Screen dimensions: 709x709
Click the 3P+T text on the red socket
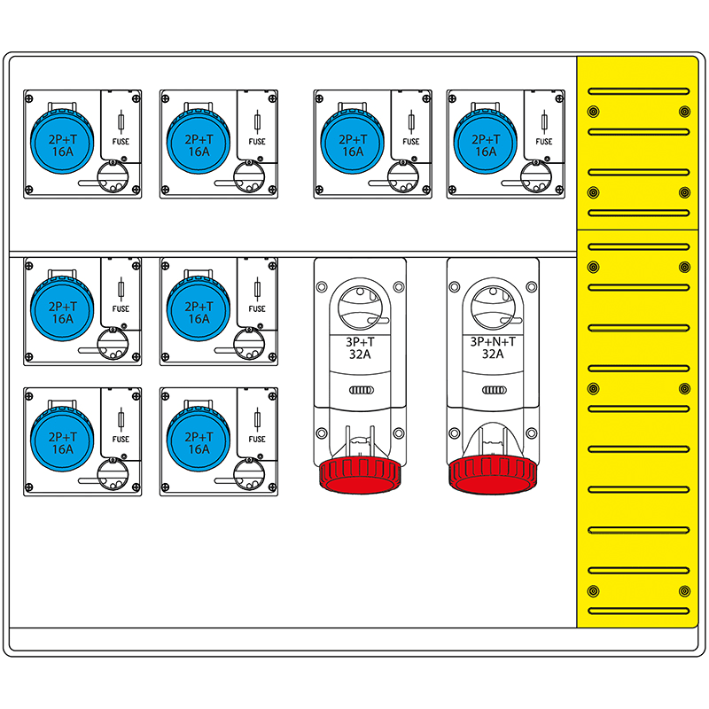[360, 342]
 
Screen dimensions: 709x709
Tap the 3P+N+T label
[493, 342]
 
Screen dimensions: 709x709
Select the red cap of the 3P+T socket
[360, 474]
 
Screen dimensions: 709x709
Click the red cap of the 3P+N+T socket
[493, 474]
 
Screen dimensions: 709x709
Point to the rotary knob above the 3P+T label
[360, 308]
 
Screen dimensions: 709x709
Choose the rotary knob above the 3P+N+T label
[493, 308]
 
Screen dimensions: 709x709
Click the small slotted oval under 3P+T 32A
[362, 390]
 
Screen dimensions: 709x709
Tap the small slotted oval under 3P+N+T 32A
[495, 390]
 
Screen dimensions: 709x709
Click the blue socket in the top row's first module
[62, 140]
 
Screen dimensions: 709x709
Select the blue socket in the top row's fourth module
[485, 140]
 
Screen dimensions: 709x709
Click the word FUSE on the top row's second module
[257, 142]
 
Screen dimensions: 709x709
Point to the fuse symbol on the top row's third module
[411, 122]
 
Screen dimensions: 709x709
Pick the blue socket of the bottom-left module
[62, 438]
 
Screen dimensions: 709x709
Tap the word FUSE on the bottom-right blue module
[257, 439]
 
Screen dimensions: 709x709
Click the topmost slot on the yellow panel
[638, 91]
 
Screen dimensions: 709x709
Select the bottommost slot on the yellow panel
[638, 612]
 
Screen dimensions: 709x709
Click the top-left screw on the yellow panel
[593, 112]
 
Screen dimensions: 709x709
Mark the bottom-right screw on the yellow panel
[684, 591]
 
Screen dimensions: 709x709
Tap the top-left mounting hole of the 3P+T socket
[322, 286]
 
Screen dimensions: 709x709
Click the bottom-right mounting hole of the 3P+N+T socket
[532, 433]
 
